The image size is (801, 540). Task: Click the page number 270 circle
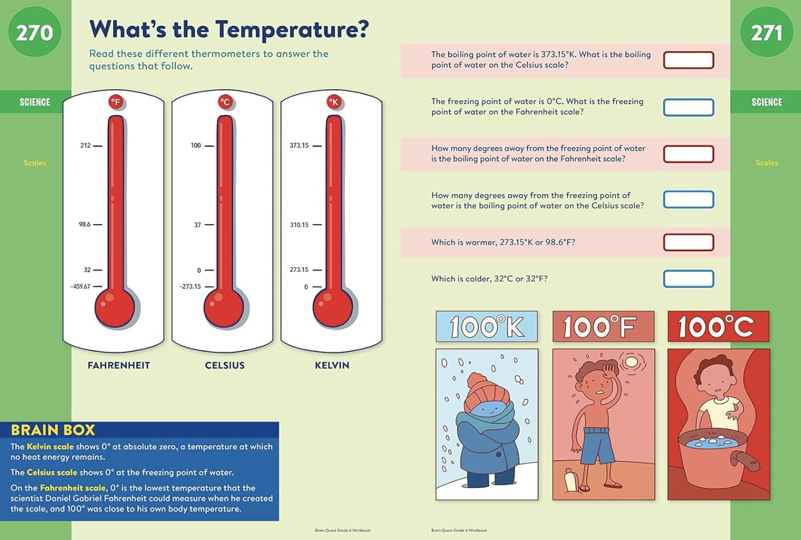(x=35, y=32)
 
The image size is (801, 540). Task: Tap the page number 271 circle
(x=766, y=32)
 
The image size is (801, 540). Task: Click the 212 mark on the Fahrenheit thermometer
(x=86, y=146)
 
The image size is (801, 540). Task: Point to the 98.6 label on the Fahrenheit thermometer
(x=85, y=225)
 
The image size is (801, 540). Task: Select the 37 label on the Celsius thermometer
(x=198, y=225)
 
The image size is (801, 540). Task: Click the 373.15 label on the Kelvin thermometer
(x=299, y=146)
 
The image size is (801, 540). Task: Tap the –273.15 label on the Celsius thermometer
(x=190, y=286)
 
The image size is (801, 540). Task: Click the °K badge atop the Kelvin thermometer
(x=334, y=102)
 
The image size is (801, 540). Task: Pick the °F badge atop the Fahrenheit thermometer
(x=116, y=102)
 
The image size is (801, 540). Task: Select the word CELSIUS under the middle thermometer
(x=224, y=365)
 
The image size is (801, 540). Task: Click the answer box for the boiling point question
(x=689, y=60)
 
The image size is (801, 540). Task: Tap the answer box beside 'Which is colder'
(x=689, y=279)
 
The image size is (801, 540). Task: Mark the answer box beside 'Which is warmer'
(x=689, y=242)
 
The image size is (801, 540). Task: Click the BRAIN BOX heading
(x=53, y=430)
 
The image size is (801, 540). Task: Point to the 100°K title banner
(x=486, y=327)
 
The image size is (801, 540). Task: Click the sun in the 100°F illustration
(x=631, y=362)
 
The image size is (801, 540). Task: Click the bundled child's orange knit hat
(x=482, y=390)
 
